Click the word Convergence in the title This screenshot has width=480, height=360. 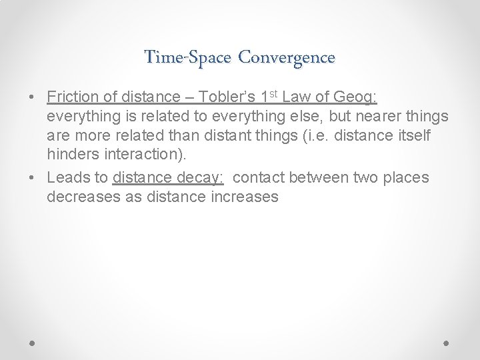click(x=287, y=57)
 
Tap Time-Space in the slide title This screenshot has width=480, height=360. click(x=189, y=57)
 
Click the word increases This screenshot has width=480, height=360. click(x=245, y=197)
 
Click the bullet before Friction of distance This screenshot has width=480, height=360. click(x=33, y=99)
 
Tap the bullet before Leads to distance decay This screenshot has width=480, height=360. click(x=33, y=178)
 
